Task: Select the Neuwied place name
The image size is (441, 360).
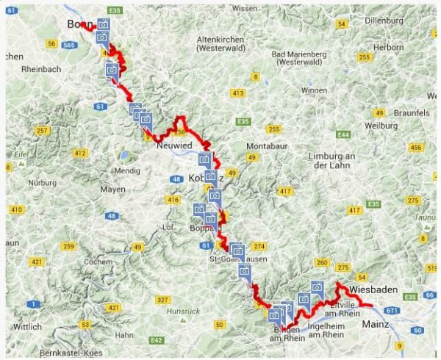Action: (174, 146)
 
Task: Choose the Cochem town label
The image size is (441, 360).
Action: (98, 262)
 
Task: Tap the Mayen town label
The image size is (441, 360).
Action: (112, 189)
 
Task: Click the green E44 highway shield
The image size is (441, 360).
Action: (342, 134)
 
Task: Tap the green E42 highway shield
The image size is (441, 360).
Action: (156, 340)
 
